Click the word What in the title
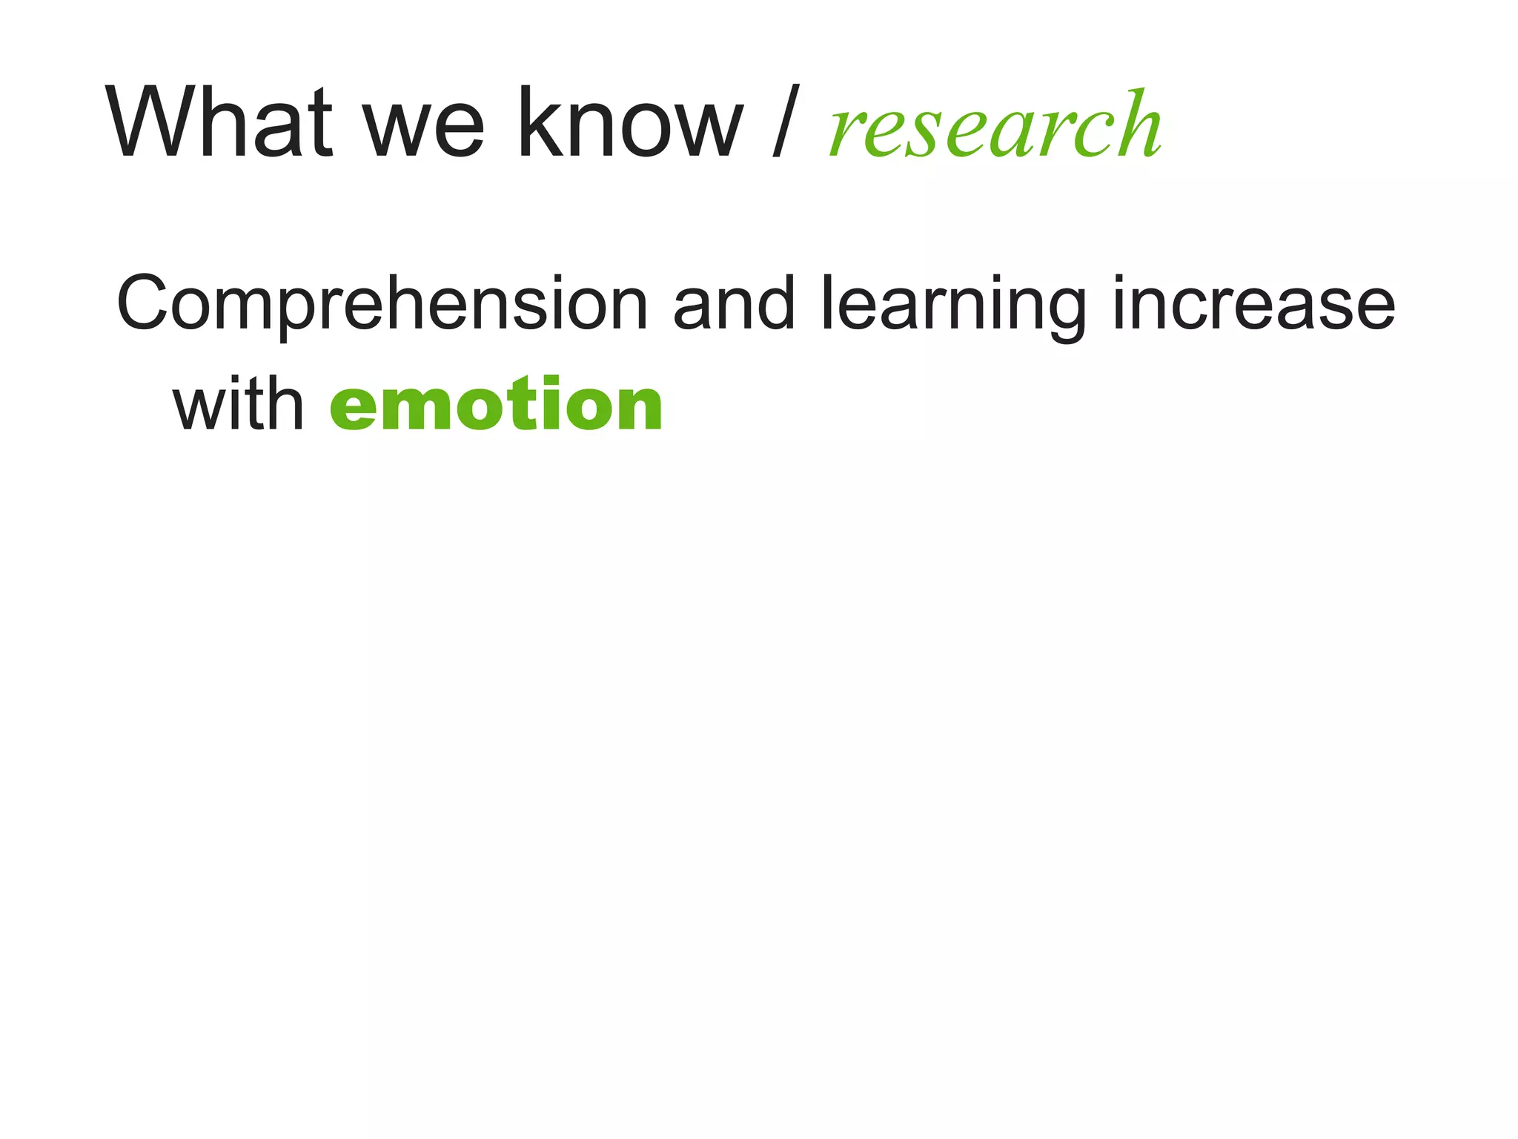tap(219, 122)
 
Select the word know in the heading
tap(631, 122)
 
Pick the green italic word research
tap(995, 126)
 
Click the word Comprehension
tap(382, 304)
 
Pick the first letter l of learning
tap(828, 300)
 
